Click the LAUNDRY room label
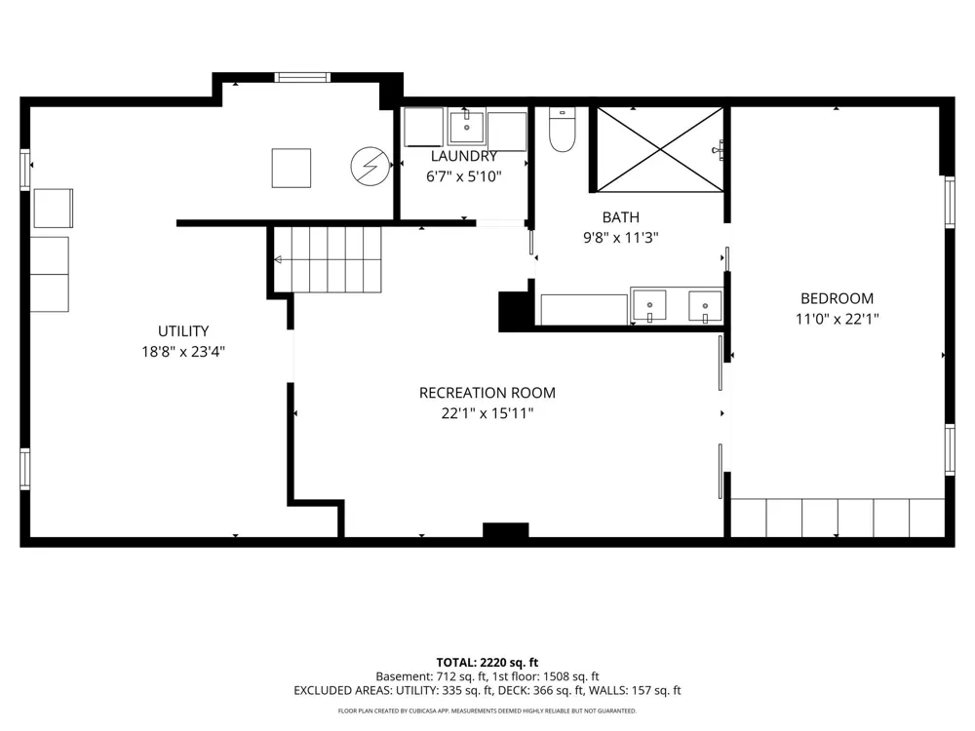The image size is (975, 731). [x=464, y=156]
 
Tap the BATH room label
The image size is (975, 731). [x=620, y=217]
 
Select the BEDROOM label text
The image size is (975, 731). [x=837, y=298]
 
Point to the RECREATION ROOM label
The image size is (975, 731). [x=487, y=393]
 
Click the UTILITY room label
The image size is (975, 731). [x=183, y=331]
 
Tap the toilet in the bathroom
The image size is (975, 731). [x=563, y=130]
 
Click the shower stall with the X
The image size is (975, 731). [x=660, y=150]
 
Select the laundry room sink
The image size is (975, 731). [x=466, y=126]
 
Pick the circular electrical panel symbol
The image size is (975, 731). [x=370, y=166]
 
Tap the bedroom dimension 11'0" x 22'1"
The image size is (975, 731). [x=837, y=319]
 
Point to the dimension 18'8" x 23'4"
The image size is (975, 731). [x=183, y=352]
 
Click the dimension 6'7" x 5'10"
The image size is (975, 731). [x=464, y=176]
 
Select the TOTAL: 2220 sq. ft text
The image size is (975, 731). [x=487, y=663]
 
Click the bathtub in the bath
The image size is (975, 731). [x=584, y=310]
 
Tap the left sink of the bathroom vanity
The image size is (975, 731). [x=648, y=305]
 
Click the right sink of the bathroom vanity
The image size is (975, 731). [x=705, y=306]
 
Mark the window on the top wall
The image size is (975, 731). [x=302, y=78]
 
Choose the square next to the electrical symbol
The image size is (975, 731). [x=291, y=168]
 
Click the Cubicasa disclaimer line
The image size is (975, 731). [x=487, y=711]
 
